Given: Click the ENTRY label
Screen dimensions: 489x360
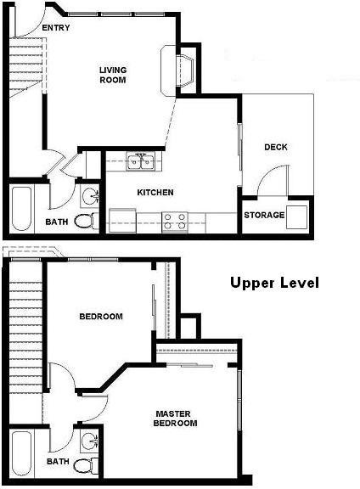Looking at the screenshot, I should click(55, 27).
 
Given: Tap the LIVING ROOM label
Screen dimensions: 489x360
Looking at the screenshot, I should click(112, 75).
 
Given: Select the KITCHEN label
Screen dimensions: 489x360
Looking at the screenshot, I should click(155, 193).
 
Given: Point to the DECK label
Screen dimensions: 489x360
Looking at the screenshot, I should click(275, 147).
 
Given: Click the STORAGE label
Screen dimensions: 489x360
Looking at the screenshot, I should click(264, 215).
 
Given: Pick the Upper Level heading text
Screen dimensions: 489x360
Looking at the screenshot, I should click(274, 283).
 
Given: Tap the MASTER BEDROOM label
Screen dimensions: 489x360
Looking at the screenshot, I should click(176, 419).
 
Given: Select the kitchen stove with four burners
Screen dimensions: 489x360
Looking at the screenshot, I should click(175, 222).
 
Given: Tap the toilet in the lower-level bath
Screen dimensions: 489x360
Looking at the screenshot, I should click(83, 221).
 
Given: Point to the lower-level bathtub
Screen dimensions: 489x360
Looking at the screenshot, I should click(22, 208).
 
